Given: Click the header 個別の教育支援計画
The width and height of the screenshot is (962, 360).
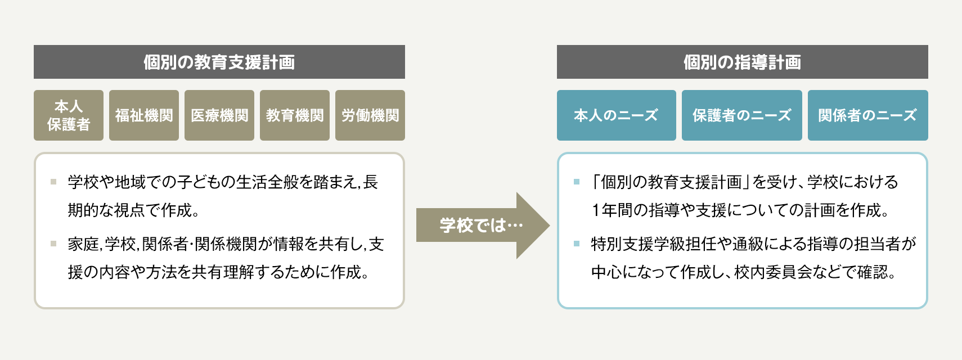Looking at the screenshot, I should pyautogui.click(x=219, y=62).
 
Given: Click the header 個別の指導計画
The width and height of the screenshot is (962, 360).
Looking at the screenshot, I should pyautogui.click(x=742, y=62).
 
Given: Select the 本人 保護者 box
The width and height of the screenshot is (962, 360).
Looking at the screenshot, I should pyautogui.click(x=69, y=115).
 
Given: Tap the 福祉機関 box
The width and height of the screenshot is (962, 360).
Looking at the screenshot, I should pyautogui.click(x=144, y=115).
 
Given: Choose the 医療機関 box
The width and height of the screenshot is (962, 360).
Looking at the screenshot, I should pyautogui.click(x=219, y=115).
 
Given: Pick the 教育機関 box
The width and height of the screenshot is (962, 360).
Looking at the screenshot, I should pyautogui.click(x=295, y=115).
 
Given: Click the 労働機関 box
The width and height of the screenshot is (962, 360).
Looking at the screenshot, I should pyautogui.click(x=370, y=115).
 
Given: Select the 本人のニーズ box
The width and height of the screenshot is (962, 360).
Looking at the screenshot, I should pyautogui.click(x=616, y=115).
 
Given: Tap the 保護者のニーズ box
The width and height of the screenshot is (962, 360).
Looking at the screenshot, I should pyautogui.click(x=741, y=115).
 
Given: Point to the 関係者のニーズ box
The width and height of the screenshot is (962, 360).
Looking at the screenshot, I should pyautogui.click(x=867, y=115).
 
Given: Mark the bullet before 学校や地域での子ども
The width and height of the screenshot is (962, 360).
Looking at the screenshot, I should pyautogui.click(x=53, y=182).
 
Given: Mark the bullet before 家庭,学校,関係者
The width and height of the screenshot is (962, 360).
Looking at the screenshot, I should pyautogui.click(x=53, y=244).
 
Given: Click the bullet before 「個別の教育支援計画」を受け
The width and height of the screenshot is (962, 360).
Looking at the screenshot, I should pyautogui.click(x=577, y=182).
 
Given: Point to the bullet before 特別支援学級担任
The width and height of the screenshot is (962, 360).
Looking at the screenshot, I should pyautogui.click(x=577, y=244).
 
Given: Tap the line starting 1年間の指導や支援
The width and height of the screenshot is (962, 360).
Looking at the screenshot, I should pyautogui.click(x=740, y=210).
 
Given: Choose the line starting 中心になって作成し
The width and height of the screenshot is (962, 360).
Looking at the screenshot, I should pyautogui.click(x=743, y=272).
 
